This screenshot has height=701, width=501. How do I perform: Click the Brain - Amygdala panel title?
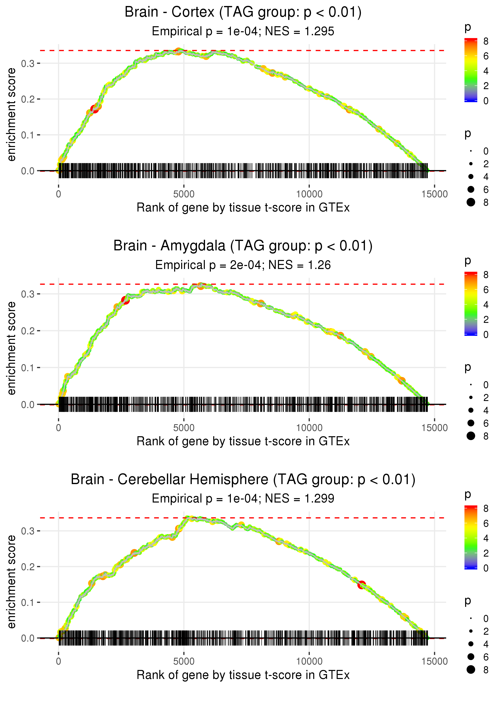click(243, 246)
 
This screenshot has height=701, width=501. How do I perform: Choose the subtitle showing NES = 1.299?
click(243, 499)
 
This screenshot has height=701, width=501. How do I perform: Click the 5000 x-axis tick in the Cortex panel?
click(184, 194)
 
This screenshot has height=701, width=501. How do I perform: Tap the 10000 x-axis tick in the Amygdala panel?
click(309, 428)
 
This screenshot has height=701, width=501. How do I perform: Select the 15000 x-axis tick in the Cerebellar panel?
click(434, 662)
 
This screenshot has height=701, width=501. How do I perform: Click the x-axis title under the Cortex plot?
click(243, 208)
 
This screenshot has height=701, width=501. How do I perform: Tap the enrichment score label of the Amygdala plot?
click(11, 348)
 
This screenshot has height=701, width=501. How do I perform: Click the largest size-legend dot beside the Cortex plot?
click(471, 202)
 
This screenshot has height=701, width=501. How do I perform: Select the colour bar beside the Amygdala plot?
click(471, 304)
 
